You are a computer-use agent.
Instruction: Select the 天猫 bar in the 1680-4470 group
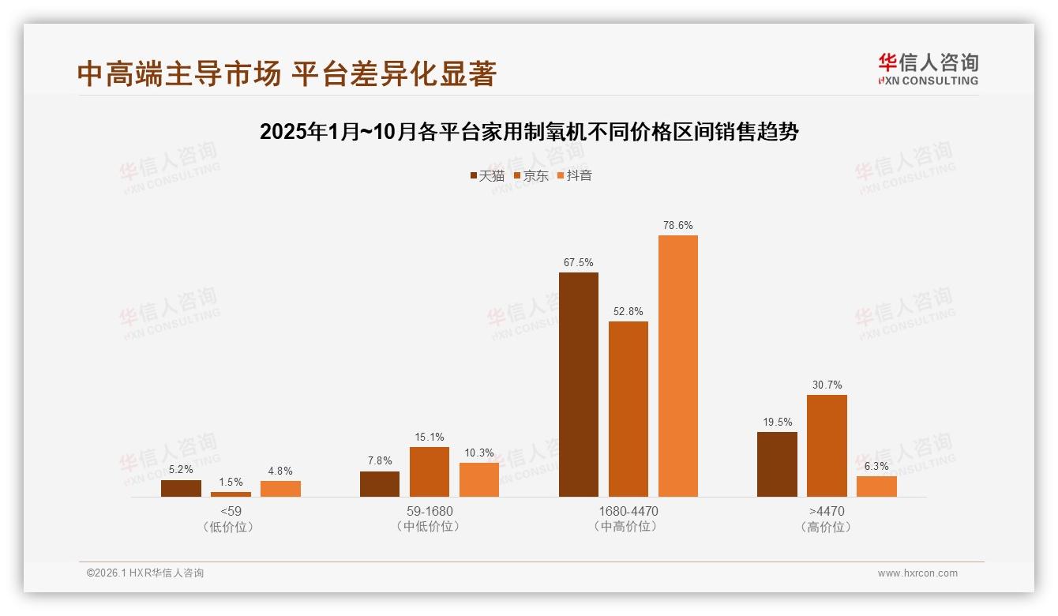(579, 385)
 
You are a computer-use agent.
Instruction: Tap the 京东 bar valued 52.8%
(628, 409)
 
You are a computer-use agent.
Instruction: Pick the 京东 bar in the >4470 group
(827, 445)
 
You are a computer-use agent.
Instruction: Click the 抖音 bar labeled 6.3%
(876, 486)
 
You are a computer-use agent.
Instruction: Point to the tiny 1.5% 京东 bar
(231, 494)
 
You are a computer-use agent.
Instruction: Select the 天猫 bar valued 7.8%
(380, 484)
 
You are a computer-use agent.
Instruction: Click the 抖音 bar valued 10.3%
(479, 479)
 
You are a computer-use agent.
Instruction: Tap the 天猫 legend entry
(486, 175)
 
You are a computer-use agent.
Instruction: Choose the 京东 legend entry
(531, 175)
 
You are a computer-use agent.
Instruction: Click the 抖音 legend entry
(575, 175)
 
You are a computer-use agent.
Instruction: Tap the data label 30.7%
(827, 385)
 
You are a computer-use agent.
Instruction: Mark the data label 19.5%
(778, 423)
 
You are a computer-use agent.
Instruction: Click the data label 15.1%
(430, 437)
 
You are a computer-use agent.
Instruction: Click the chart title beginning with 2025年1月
(529, 132)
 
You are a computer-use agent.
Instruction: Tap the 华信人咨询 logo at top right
(928, 69)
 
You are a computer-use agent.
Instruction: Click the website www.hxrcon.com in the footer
(917, 573)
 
